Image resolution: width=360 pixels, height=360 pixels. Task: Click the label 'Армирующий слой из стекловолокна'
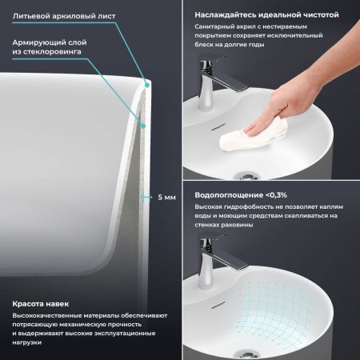click(48, 48)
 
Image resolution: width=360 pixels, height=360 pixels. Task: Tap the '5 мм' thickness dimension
click(166, 198)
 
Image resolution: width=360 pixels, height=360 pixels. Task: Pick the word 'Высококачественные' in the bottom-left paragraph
click(40, 318)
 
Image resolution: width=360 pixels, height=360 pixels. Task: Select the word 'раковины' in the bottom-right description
click(241, 226)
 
